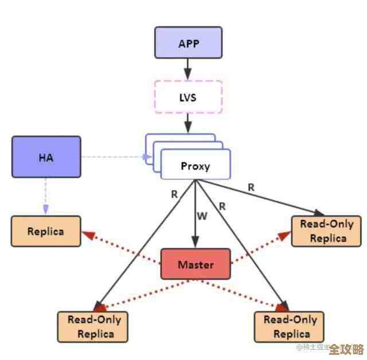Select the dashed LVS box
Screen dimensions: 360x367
(x=188, y=97)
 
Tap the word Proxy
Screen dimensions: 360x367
(x=196, y=166)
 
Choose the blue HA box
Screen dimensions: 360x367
(x=46, y=156)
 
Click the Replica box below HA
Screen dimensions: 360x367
(x=46, y=232)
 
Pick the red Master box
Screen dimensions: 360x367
(x=196, y=264)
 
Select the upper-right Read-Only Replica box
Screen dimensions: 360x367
(x=326, y=231)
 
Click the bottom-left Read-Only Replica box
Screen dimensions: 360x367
(x=93, y=327)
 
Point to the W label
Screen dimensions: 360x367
(x=202, y=216)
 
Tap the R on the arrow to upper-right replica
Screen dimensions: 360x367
(x=251, y=187)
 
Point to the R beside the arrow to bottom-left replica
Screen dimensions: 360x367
(x=174, y=194)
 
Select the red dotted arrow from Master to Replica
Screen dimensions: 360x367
(x=120, y=248)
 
